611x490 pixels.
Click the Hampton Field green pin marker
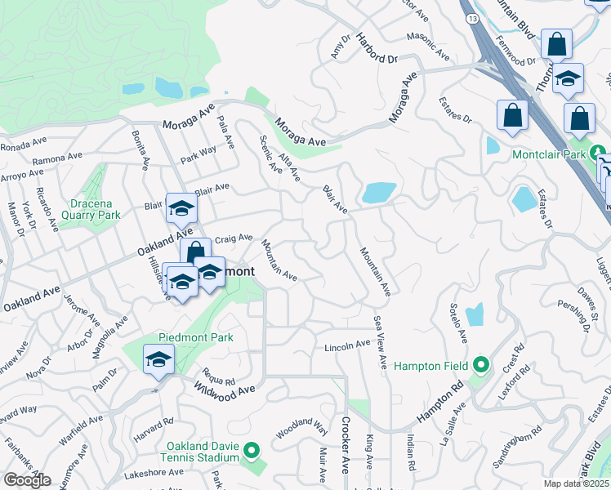[481, 365]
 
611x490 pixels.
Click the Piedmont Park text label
[196, 337]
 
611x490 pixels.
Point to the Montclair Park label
[550, 154]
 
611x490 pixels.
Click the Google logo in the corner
[26, 480]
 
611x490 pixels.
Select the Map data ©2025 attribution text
[577, 483]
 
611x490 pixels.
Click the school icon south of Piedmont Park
[158, 359]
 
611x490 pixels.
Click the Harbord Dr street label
[376, 49]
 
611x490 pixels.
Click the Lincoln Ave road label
[347, 346]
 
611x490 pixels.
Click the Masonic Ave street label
[429, 47]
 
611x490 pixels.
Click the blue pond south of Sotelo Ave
[475, 315]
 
